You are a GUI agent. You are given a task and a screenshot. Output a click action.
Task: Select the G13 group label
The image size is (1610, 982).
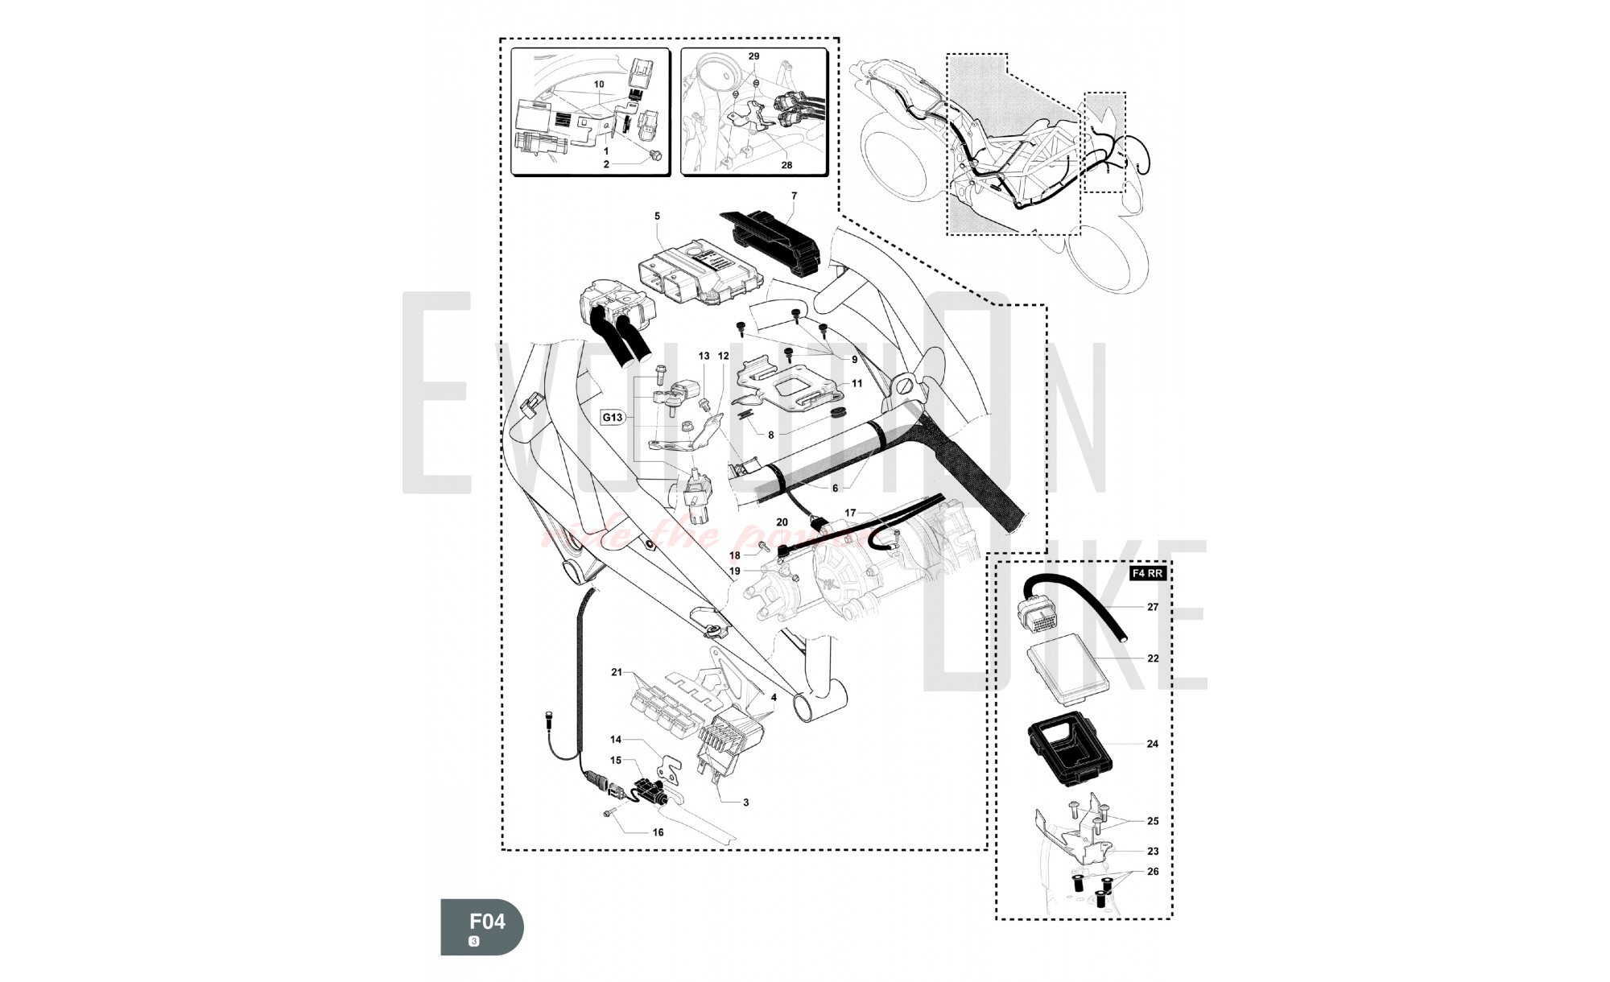[613, 418]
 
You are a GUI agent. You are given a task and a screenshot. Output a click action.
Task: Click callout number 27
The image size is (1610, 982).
[1153, 607]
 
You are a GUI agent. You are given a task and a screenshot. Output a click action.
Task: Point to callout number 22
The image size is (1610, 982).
[1153, 658]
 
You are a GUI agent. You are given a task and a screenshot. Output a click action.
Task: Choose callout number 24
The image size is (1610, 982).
[1153, 744]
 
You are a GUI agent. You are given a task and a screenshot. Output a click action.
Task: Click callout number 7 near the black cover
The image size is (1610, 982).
[794, 196]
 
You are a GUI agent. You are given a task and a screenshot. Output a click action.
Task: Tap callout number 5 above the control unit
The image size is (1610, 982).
[657, 217]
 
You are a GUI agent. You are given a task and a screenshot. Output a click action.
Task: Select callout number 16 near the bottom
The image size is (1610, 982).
[658, 832]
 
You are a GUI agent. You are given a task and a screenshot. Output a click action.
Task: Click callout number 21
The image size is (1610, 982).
[617, 672]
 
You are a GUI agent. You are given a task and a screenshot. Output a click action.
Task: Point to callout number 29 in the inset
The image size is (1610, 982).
[753, 57]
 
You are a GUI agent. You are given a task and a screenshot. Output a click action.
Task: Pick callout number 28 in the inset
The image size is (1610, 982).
[786, 165]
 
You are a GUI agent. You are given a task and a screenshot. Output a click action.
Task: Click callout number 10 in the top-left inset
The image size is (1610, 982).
[599, 85]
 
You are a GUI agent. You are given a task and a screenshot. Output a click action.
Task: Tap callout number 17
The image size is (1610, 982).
[851, 513]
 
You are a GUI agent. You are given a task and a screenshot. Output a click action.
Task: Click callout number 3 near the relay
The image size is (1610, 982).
[745, 803]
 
